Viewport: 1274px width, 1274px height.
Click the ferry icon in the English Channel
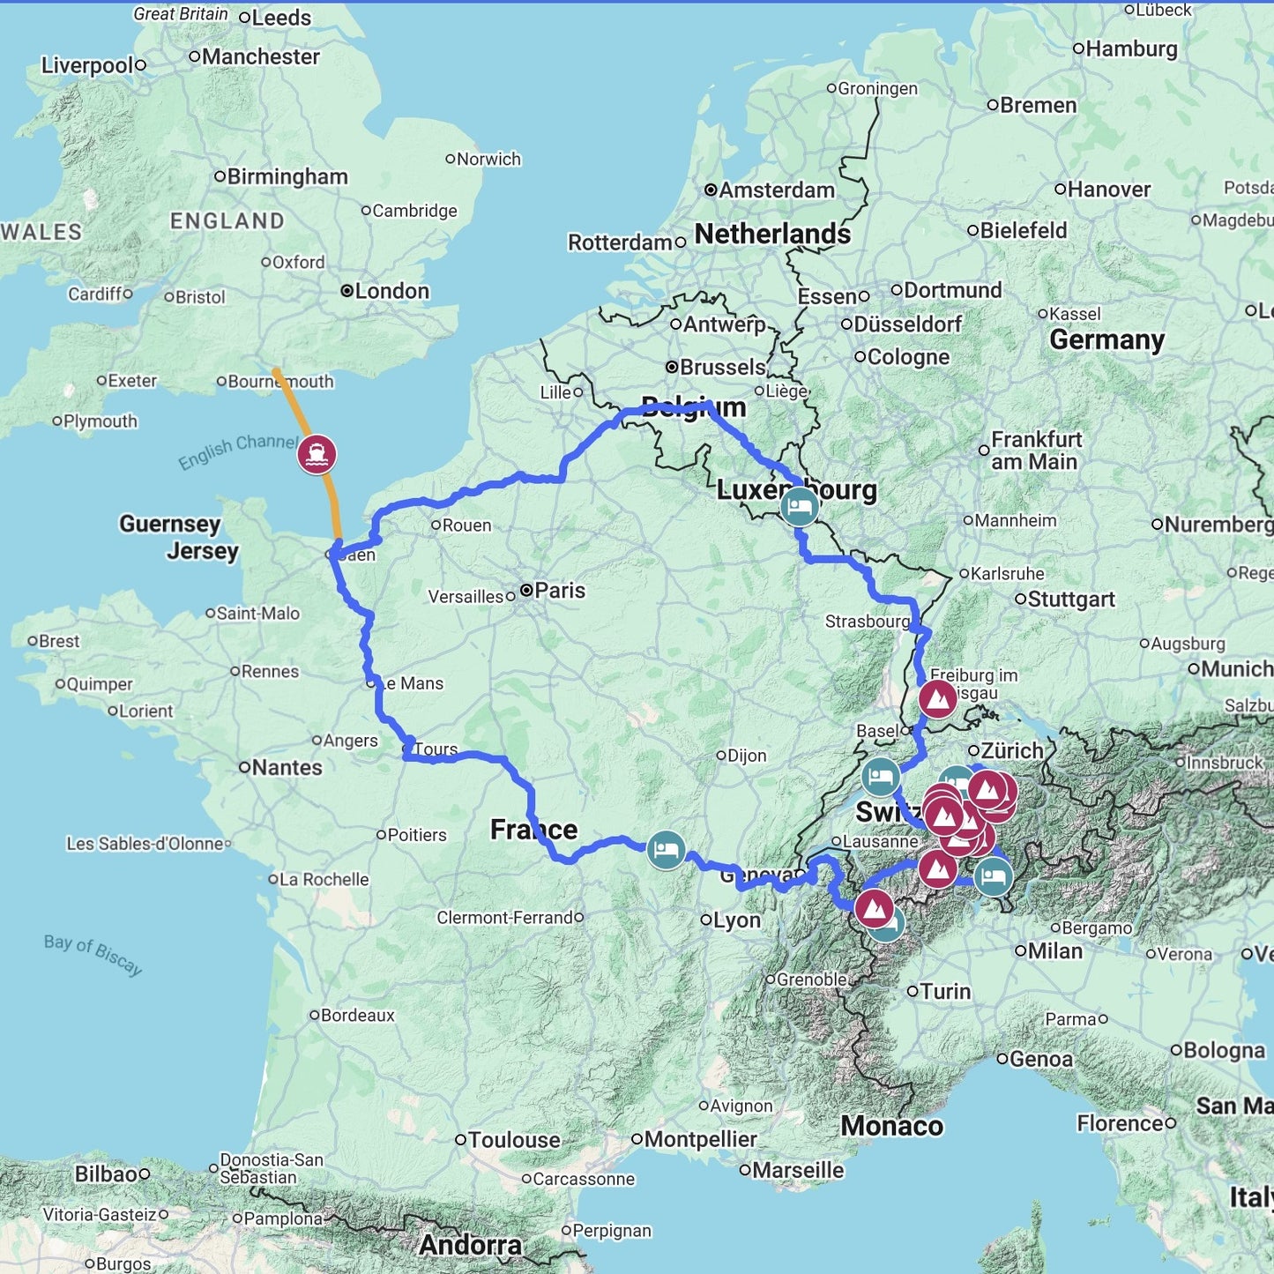317,454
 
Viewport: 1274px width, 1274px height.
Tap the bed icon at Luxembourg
800,507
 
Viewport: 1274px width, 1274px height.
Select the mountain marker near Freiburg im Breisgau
938,699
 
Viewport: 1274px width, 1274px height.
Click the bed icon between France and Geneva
667,850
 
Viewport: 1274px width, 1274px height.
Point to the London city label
391,291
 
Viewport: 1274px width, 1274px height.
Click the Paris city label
559,590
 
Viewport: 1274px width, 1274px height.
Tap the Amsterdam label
776,190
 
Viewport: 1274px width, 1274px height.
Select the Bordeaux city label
357,1015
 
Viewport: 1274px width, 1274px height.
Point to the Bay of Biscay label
93,954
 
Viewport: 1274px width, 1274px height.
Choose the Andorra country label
471,1245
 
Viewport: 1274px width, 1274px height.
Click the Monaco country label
891,1126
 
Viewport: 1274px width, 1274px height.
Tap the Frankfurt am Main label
1035,451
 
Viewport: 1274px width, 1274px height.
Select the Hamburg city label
1131,48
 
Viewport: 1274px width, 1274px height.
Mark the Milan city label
1054,950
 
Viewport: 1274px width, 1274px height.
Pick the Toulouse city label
513,1139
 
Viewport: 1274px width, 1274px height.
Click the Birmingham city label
287,176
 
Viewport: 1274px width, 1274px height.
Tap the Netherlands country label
772,234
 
